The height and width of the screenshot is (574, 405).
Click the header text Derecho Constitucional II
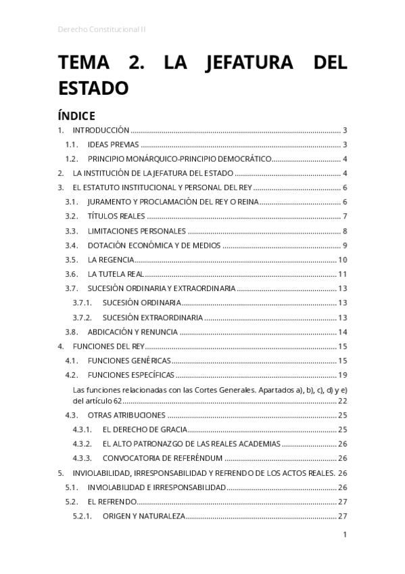click(102, 30)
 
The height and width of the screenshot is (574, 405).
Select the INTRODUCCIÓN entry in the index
click(101, 130)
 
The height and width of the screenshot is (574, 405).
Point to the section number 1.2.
click(72, 159)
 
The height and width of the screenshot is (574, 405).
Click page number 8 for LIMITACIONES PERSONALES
click(344, 231)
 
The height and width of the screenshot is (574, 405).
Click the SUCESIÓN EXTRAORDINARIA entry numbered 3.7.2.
click(152, 317)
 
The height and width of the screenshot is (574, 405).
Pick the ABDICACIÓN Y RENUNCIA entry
click(133, 332)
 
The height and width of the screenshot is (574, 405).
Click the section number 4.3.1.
click(82, 429)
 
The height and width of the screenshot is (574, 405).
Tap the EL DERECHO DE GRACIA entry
click(143, 429)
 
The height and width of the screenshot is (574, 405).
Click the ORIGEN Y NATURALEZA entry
click(143, 516)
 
